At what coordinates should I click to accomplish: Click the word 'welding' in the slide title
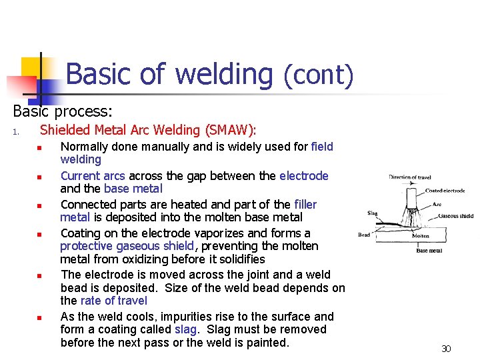click(x=223, y=73)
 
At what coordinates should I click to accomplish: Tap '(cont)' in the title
click(x=318, y=75)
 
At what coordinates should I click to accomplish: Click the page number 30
click(x=446, y=349)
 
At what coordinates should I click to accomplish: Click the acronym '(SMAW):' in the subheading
click(x=230, y=130)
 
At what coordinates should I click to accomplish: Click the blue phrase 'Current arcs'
click(x=93, y=176)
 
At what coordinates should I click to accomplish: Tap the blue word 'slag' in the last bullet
click(x=185, y=329)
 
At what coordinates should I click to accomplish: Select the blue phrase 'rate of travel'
click(x=113, y=301)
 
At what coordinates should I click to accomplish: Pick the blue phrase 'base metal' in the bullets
click(x=133, y=189)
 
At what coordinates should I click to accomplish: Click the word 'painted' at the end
click(x=265, y=343)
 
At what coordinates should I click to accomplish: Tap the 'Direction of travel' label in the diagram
click(x=410, y=177)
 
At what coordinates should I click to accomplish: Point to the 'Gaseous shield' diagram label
click(x=456, y=216)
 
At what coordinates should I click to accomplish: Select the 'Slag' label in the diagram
click(x=373, y=214)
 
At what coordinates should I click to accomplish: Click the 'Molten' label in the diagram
click(x=420, y=236)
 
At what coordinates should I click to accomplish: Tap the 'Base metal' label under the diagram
click(x=429, y=251)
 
